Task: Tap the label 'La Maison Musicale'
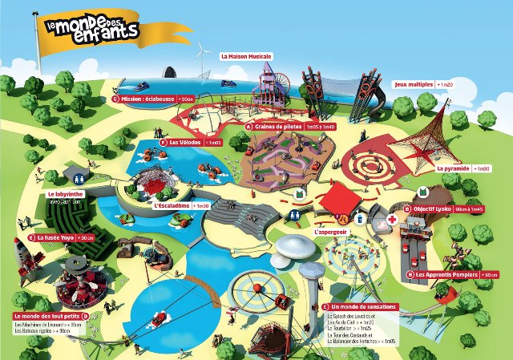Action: (247, 57)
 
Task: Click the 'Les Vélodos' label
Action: (185, 142)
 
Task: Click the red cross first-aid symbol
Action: (393, 219)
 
